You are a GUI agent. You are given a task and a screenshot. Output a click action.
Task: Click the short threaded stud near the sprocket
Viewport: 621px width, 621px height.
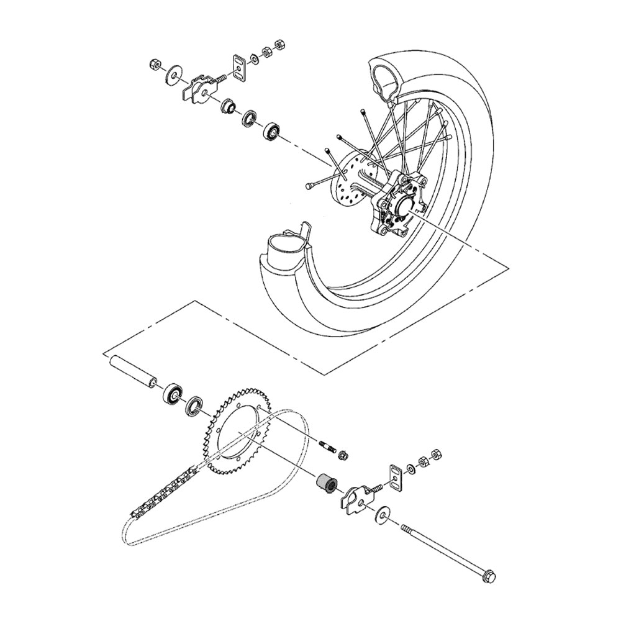[327, 446]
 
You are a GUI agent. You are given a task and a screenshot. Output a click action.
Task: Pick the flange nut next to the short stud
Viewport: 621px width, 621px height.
[342, 456]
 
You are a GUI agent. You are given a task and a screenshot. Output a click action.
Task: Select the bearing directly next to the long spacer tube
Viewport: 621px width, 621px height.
[172, 393]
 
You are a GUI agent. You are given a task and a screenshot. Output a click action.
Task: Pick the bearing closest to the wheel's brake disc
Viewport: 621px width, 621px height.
[272, 131]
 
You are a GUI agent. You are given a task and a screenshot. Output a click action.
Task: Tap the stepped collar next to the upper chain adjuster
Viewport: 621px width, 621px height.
[229, 106]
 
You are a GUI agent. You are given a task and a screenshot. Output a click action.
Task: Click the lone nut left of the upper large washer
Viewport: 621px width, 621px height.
[155, 63]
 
